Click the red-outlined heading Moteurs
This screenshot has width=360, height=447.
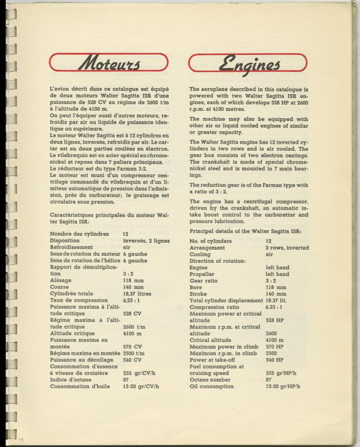pyautogui.click(x=109, y=63)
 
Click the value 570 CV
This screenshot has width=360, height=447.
pyautogui.click(x=132, y=347)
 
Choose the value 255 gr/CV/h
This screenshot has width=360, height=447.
pyautogui.click(x=141, y=373)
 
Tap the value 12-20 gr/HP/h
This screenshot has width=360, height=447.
pyautogui.click(x=283, y=386)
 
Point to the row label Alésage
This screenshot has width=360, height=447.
pyautogui.click(x=61, y=280)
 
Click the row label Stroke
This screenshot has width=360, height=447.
pyautogui.click(x=199, y=294)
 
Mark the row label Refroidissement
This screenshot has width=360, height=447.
pyautogui.click(x=71, y=247)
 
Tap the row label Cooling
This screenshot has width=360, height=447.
pyautogui.click(x=200, y=254)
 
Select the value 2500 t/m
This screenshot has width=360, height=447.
pyautogui.click(x=134, y=353)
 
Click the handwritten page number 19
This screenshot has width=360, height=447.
pyautogui.click(x=21, y=440)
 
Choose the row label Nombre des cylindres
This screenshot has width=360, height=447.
pyautogui.click(x=79, y=234)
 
